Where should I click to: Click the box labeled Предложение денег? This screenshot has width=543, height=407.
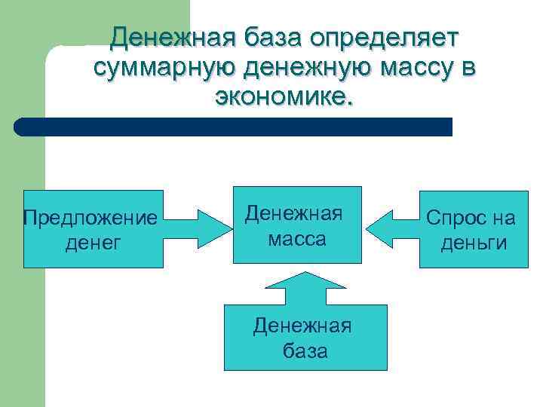click(x=93, y=229)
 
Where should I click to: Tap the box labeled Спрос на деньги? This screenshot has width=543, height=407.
click(x=474, y=229)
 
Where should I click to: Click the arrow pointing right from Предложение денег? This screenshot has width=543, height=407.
click(x=197, y=227)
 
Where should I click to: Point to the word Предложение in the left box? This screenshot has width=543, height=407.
click(x=90, y=218)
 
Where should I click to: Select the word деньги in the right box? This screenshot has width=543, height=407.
click(x=474, y=243)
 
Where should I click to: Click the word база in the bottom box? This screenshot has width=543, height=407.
click(x=305, y=350)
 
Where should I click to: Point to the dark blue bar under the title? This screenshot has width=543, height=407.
click(x=234, y=127)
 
